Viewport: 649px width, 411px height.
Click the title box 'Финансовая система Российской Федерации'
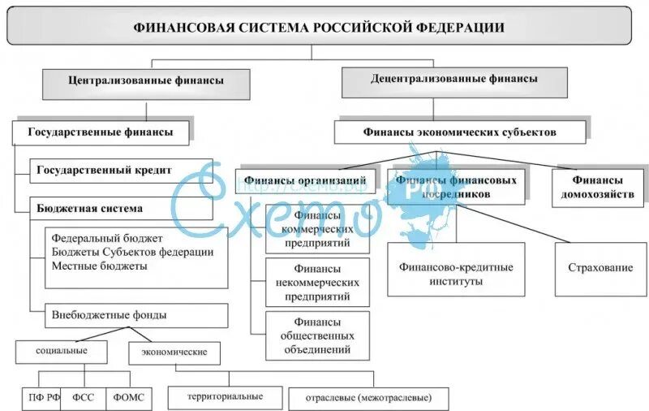pos(319,26)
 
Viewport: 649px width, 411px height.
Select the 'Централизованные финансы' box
pos(146,81)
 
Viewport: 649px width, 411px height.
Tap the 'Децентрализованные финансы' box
pos(453,80)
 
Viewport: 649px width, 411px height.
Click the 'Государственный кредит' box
pos(122,170)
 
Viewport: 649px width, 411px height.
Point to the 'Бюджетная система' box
pos(122,208)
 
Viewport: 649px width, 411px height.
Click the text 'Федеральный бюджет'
pos(107,239)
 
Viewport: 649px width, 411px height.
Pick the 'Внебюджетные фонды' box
pos(128,314)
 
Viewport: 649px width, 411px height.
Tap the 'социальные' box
pos(62,351)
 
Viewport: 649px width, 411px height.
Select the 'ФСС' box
pos(84,398)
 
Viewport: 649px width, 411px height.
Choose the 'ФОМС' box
pos(128,398)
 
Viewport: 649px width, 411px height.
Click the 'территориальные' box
pos(225,396)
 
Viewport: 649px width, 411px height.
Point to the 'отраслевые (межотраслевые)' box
pos(367,398)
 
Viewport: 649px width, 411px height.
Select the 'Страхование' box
pos(600,267)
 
